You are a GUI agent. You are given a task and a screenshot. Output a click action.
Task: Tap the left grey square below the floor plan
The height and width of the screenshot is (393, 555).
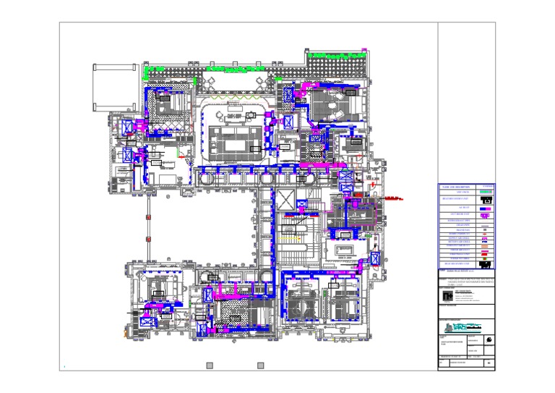point(210,365)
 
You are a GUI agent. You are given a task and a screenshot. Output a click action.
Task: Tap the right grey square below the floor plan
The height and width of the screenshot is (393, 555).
point(261,365)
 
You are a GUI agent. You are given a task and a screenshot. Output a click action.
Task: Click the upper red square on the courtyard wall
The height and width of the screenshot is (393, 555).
point(147,216)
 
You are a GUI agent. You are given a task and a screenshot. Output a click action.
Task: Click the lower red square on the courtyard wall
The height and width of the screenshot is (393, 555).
point(147,240)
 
